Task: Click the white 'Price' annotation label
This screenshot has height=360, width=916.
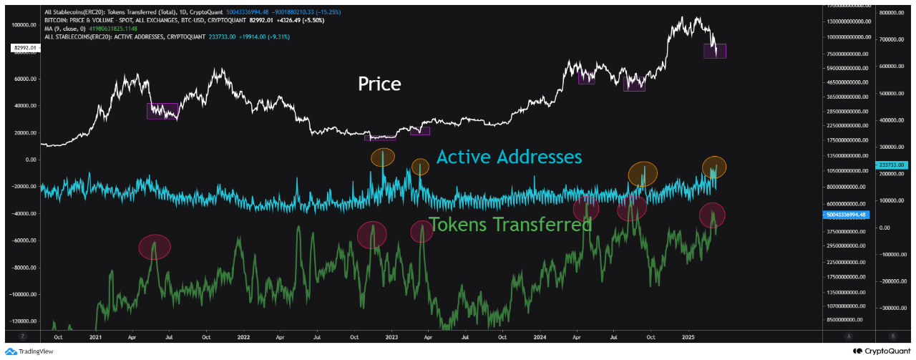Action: [379, 84]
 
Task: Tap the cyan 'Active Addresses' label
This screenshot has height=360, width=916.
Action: [509, 157]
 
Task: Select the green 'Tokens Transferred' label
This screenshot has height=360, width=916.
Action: [510, 225]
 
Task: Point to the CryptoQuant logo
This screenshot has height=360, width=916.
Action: [880, 351]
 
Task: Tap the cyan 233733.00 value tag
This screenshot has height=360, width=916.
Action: [892, 165]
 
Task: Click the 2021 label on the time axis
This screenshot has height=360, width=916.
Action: [94, 336]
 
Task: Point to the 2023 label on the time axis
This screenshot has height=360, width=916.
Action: [391, 336]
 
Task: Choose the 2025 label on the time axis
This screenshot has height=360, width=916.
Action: [688, 336]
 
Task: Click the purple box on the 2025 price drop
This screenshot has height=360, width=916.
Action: [715, 51]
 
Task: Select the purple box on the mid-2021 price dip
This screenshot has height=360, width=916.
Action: [162, 111]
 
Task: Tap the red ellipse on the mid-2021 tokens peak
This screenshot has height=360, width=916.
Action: [155, 247]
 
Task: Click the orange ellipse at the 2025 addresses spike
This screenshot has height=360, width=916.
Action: [714, 167]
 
